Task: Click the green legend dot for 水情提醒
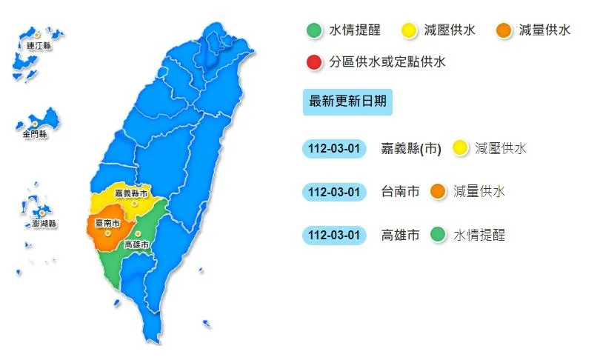click(x=314, y=31)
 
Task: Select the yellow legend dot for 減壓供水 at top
click(x=409, y=31)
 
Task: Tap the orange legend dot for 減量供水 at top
click(x=504, y=31)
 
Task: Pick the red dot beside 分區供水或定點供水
click(x=314, y=62)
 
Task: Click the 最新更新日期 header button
click(x=347, y=101)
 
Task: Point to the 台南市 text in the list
click(x=400, y=192)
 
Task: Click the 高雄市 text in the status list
click(x=400, y=236)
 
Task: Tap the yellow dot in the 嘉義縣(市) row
click(x=459, y=148)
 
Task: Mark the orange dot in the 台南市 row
click(x=438, y=192)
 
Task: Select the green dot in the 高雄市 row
click(x=438, y=236)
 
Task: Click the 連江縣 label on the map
click(x=38, y=46)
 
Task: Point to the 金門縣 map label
click(x=34, y=134)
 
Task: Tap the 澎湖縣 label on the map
click(x=44, y=223)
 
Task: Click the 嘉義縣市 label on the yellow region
click(x=131, y=193)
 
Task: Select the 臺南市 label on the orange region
click(x=107, y=221)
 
